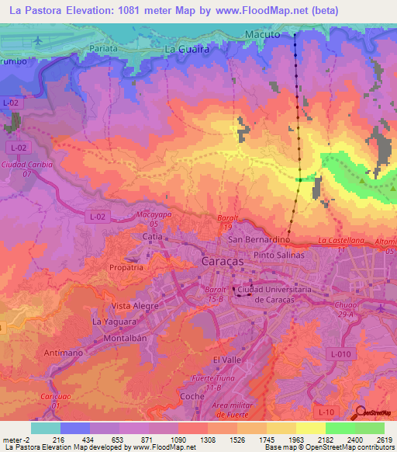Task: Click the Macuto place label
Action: coord(261,35)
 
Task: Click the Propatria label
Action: coord(127,266)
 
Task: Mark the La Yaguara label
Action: coord(113,321)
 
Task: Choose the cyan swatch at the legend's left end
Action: coord(46,428)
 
